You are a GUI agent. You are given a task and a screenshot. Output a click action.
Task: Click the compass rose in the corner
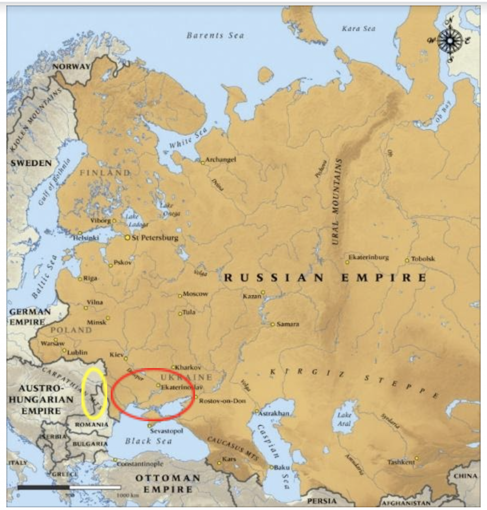click(450, 40)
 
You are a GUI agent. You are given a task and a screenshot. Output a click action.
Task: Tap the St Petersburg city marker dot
click(127, 238)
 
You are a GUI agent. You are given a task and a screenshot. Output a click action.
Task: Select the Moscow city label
click(195, 294)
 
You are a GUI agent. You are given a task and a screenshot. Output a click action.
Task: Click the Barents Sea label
click(216, 35)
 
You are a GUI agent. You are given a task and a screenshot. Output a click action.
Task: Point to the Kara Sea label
click(359, 29)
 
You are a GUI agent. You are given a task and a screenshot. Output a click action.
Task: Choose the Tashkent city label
click(401, 462)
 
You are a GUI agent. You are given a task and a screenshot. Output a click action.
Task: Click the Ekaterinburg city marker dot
click(347, 262)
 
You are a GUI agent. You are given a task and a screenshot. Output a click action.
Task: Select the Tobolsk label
click(423, 259)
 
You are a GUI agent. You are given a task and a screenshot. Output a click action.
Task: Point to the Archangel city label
click(221, 159)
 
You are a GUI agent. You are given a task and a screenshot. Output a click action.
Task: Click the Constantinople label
click(140, 464)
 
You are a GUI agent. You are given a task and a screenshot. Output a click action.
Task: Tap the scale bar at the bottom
click(69, 487)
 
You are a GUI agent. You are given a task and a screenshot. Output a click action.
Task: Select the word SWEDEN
click(31, 163)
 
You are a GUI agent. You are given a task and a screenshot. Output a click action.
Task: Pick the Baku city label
click(282, 467)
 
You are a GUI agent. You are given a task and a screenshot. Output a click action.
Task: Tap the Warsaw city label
click(52, 343)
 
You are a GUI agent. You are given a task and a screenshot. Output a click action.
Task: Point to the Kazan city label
click(251, 296)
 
